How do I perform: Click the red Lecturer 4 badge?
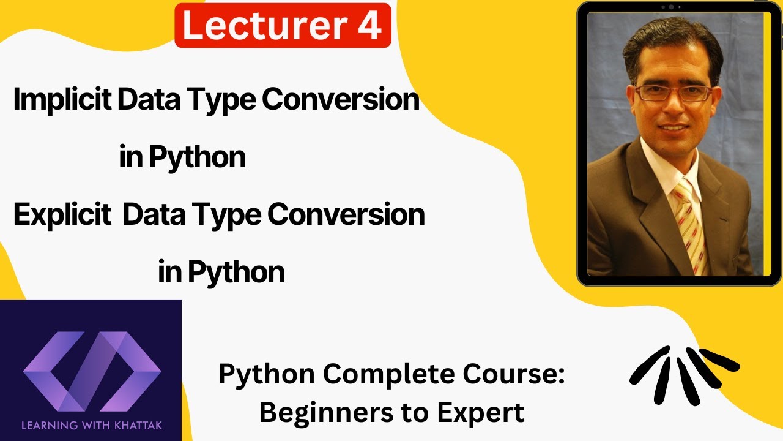(x=283, y=26)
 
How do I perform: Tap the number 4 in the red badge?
(x=369, y=26)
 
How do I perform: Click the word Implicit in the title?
(x=62, y=100)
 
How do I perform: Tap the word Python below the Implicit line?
(x=197, y=158)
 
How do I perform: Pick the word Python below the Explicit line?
(x=236, y=272)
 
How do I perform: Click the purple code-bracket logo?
(x=92, y=371)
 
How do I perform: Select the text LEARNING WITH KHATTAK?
(x=92, y=424)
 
